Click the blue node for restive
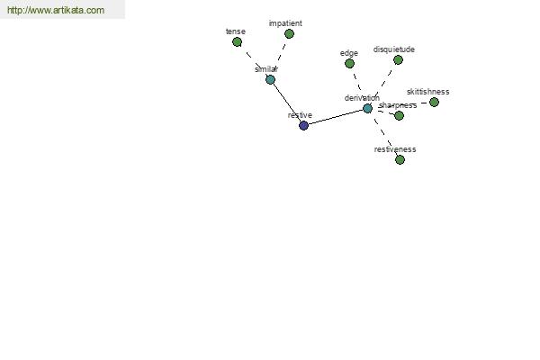click(x=303, y=125)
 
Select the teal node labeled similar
click(x=270, y=79)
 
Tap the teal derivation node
click(x=367, y=109)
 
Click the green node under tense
click(x=237, y=42)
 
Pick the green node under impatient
click(x=289, y=34)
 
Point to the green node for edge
click(x=349, y=63)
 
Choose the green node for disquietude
click(x=398, y=60)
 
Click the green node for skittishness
click(x=435, y=102)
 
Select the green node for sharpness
click(x=399, y=115)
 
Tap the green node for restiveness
click(x=400, y=159)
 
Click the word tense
click(x=236, y=31)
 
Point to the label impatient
click(x=285, y=23)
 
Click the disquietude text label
click(x=394, y=49)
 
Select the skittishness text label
click(x=428, y=92)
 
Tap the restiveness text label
click(x=395, y=149)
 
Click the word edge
click(x=349, y=53)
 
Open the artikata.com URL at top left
click(x=56, y=10)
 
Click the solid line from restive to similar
click(x=287, y=103)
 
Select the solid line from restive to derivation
click(x=336, y=117)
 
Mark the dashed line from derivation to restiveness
click(x=383, y=134)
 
